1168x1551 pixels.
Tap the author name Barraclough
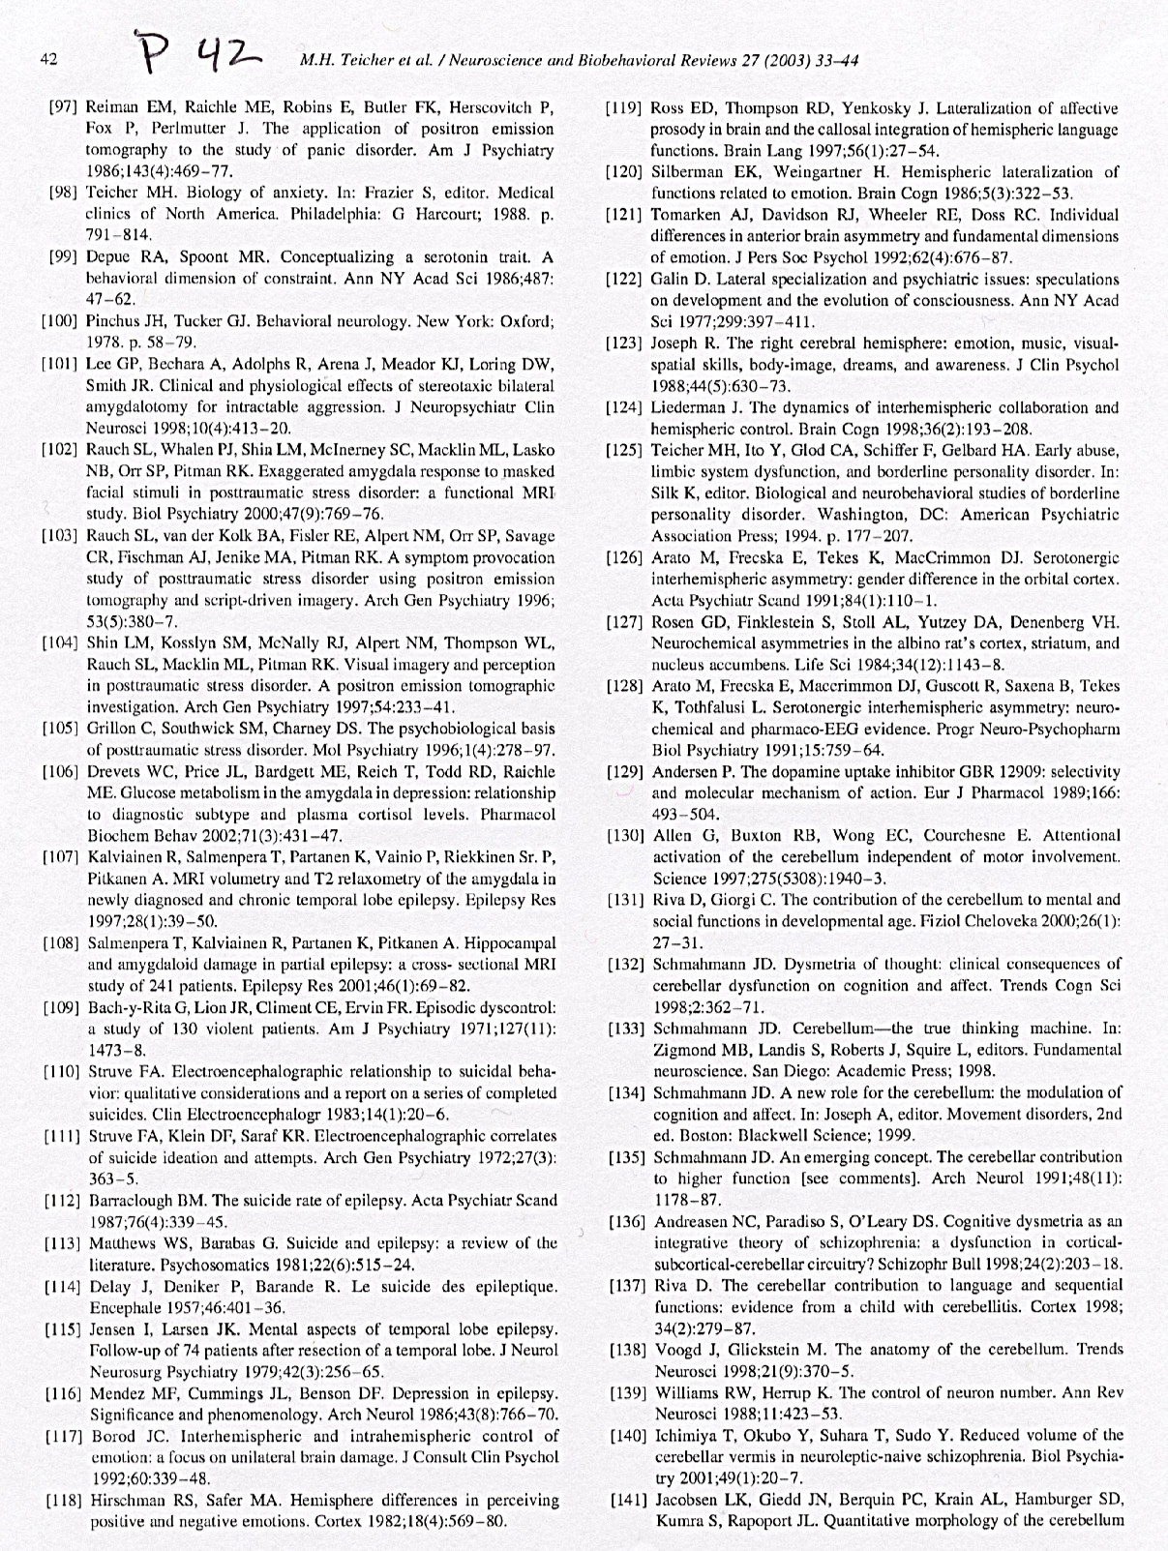click(x=135, y=1200)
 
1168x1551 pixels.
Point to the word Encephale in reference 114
click(x=123, y=1307)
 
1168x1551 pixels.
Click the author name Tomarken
click(x=689, y=215)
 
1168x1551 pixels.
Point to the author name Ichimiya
click(x=688, y=1435)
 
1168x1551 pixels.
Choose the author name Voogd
click(x=677, y=1349)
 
